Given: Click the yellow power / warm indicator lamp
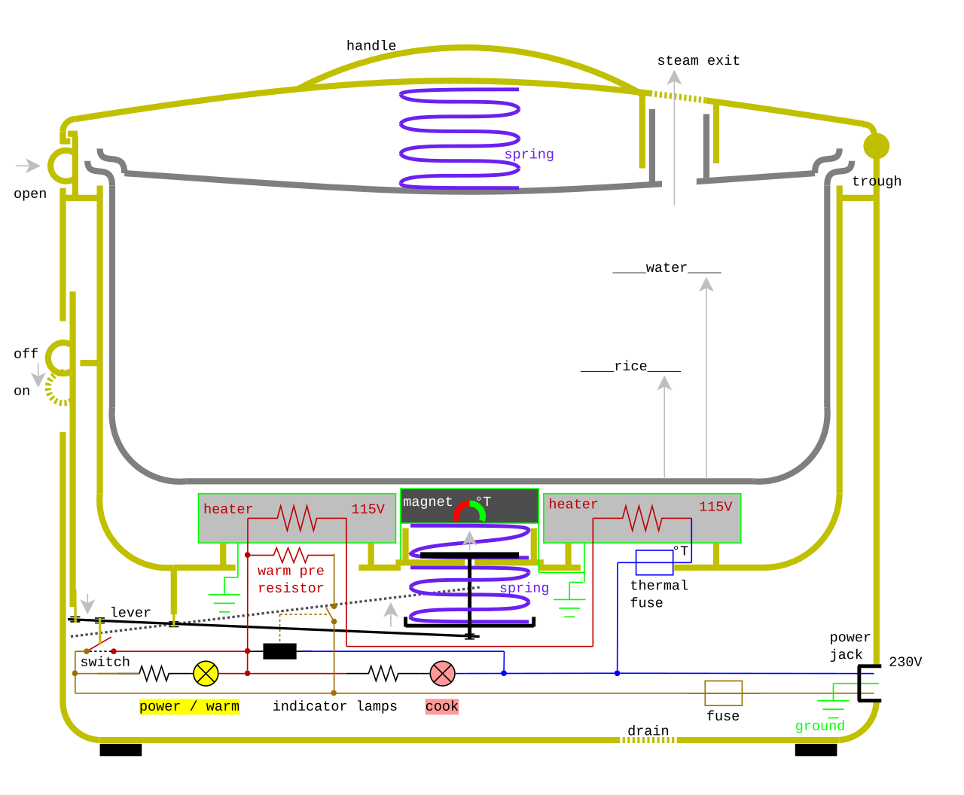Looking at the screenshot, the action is tap(206, 673).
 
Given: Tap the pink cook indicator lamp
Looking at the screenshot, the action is tap(442, 673).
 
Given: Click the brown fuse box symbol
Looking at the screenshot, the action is tap(723, 693).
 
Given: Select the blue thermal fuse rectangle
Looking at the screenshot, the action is tap(654, 562).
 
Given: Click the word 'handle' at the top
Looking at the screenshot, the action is tap(371, 45).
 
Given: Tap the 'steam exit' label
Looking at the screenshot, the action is tap(698, 60).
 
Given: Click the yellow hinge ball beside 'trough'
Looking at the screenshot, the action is tap(877, 146).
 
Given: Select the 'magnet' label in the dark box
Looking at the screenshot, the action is tap(427, 501).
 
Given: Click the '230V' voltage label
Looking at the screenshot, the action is tap(905, 662).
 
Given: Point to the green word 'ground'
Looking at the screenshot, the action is tap(819, 726).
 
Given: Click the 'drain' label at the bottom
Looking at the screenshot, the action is tap(648, 731).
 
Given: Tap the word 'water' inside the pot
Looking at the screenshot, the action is tap(667, 267).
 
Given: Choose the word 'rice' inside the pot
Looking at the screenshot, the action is tap(630, 366).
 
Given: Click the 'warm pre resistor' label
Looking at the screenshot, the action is tap(291, 580).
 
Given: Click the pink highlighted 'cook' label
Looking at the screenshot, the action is tap(442, 706).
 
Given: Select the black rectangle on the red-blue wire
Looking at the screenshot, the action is tap(279, 651).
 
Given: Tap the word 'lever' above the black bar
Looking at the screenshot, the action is tap(130, 612).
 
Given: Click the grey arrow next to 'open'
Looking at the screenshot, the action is tap(28, 166).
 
